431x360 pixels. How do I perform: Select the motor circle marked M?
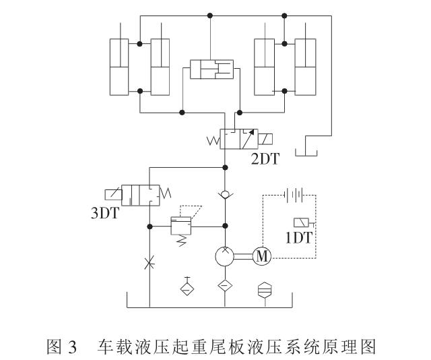pyautogui.click(x=261, y=256)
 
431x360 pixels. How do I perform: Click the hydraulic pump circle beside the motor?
pyautogui.click(x=226, y=256)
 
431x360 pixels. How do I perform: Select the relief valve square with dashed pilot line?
pyautogui.click(x=180, y=225)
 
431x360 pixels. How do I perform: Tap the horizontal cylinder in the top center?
pyautogui.click(x=210, y=69)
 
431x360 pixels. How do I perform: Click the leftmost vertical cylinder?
pyautogui.click(x=119, y=68)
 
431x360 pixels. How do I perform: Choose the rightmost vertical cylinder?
pyautogui.click(x=305, y=68)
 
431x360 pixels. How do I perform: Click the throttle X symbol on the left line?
pyautogui.click(x=149, y=261)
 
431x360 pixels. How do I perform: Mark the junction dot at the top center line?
pyautogui.click(x=210, y=15)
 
